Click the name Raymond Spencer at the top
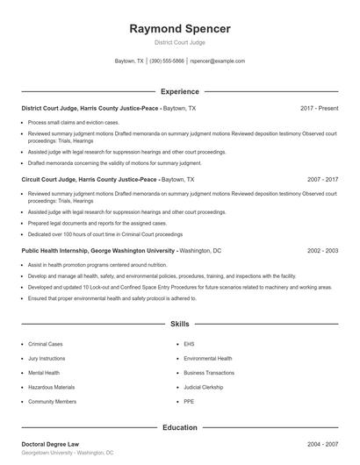tap(180, 29)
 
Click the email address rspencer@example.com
tap(218, 61)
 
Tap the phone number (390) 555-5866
tap(167, 61)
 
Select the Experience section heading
tap(180, 91)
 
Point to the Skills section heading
tap(180, 324)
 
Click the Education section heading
tap(180, 427)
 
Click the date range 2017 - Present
tap(319, 108)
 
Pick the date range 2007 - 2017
tap(322, 179)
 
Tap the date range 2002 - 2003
tap(322, 250)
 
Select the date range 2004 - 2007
tap(322, 445)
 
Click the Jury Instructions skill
tap(47, 358)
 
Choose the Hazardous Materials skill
tap(51, 387)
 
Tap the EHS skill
tap(189, 344)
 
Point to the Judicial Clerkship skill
tap(204, 387)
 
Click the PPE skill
tap(189, 401)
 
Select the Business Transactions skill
tap(209, 372)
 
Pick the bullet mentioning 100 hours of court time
tap(105, 234)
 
